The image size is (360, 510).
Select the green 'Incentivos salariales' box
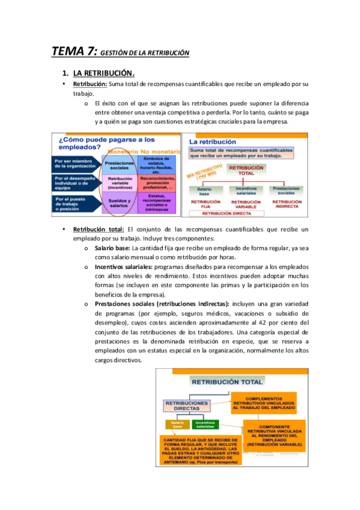206,425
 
